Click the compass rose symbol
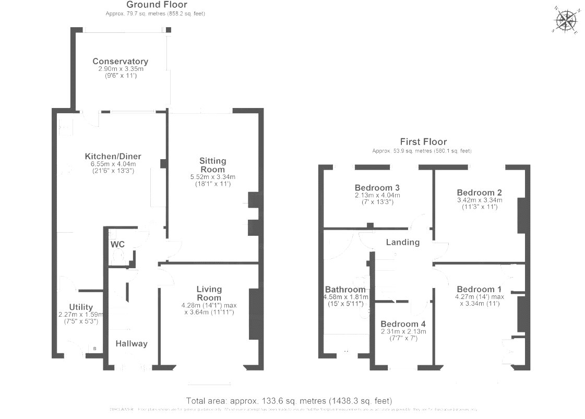coord(566,21)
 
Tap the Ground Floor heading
coord(150,5)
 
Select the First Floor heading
coord(423,141)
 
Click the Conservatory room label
coord(120,62)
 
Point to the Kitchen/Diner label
coord(113,157)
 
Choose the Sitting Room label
coord(212,165)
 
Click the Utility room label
coord(81,307)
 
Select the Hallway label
coord(132,343)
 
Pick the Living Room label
coord(209,293)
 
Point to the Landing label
coord(402,242)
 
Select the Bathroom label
coord(345,290)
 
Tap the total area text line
coord(289,401)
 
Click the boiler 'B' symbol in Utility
coord(95,349)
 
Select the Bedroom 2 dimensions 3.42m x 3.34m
coord(479,200)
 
